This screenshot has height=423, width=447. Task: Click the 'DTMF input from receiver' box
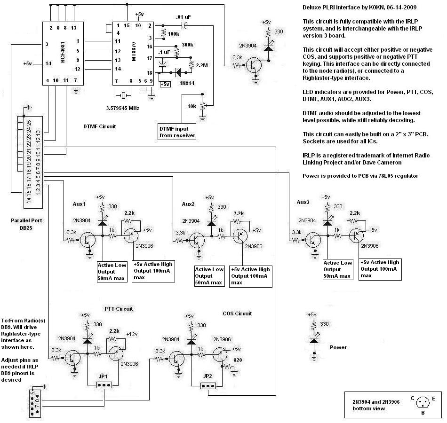(177, 132)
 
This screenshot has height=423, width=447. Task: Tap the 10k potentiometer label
(192, 106)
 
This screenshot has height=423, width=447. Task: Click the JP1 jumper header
(103, 385)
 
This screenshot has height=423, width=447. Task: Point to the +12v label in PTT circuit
(132, 334)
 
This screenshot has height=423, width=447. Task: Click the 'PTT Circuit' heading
(119, 309)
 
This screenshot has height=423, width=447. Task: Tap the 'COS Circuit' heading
(237, 313)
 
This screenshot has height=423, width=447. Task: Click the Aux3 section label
(303, 202)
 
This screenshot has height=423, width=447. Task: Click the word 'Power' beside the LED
(338, 347)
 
